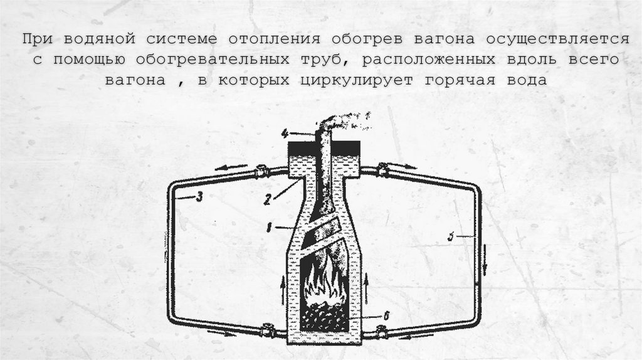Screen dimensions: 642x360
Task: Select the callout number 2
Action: (268, 200)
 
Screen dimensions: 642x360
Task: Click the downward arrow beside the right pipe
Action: (484, 267)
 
